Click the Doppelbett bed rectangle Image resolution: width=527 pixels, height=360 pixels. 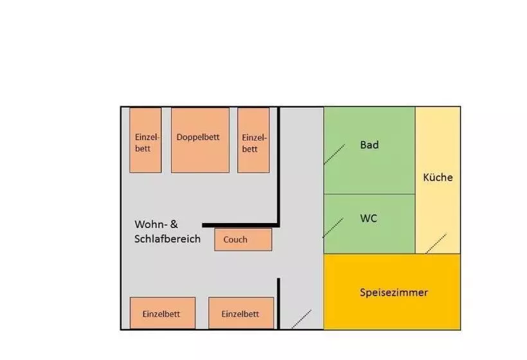click(200, 140)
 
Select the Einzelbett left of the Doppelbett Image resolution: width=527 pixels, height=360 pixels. click(145, 140)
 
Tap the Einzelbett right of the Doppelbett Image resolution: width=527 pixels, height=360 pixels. click(253, 140)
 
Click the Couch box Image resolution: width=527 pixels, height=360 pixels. click(243, 240)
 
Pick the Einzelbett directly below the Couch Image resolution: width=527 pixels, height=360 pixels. click(241, 313)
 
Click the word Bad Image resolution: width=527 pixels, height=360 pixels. click(370, 145)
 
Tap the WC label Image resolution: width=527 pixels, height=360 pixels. click(368, 219)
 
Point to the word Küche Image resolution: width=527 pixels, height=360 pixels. click(438, 177)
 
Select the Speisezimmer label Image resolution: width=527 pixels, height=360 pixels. click(393, 292)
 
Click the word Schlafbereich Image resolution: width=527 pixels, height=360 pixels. click(168, 239)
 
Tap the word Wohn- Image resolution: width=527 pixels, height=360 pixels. click(151, 224)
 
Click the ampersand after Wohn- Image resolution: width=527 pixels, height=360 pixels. click(174, 224)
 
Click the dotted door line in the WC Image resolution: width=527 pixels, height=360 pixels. click(334, 228)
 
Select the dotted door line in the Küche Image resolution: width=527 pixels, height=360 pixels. click(436, 243)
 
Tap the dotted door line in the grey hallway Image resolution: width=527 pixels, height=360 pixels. click(301, 319)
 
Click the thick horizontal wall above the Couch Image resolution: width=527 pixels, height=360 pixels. click(240, 225)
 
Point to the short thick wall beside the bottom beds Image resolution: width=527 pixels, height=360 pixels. click(278, 303)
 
